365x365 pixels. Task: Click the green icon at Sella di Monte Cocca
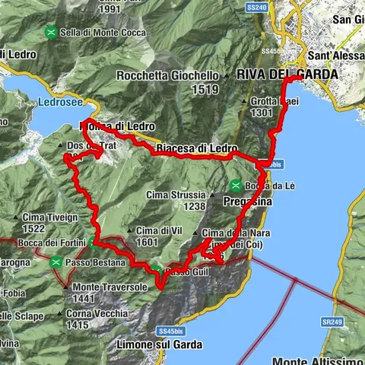click(50, 32)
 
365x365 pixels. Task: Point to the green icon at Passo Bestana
click(57, 262)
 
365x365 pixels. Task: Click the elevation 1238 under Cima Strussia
click(195, 206)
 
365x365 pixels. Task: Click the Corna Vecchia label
click(102, 313)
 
